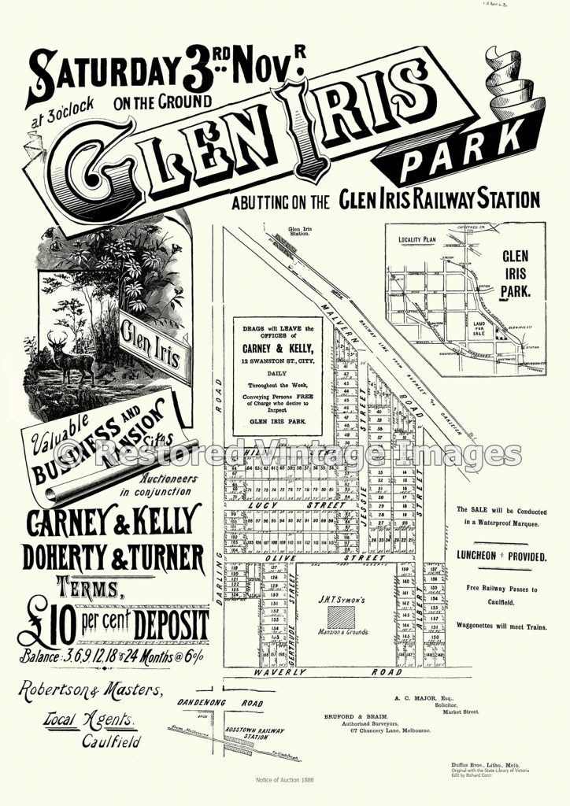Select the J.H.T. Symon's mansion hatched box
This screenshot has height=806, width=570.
tap(341, 615)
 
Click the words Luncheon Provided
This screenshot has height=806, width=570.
tap(501, 556)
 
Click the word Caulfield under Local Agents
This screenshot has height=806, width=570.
tap(111, 741)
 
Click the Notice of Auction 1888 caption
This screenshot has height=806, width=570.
tap(284, 779)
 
